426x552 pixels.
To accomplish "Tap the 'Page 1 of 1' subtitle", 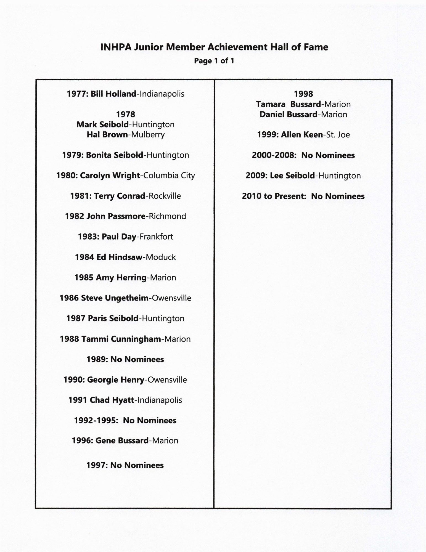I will (x=214, y=61).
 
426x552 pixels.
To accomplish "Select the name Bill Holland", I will (x=113, y=94).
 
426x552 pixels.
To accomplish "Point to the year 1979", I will (x=73, y=155).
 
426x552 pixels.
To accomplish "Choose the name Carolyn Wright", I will (x=110, y=176).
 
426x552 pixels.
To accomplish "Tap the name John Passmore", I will (x=116, y=216).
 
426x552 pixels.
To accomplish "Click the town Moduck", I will (x=161, y=257).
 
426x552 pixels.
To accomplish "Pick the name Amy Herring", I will (x=121, y=278).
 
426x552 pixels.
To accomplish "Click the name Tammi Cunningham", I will (x=121, y=339).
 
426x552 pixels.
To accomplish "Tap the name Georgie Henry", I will (x=116, y=380).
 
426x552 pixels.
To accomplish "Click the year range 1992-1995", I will (x=96, y=421).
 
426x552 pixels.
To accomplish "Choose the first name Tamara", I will (x=271, y=104).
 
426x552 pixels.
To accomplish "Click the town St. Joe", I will (x=338, y=135).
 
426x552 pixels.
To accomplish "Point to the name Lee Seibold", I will (x=292, y=176).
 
